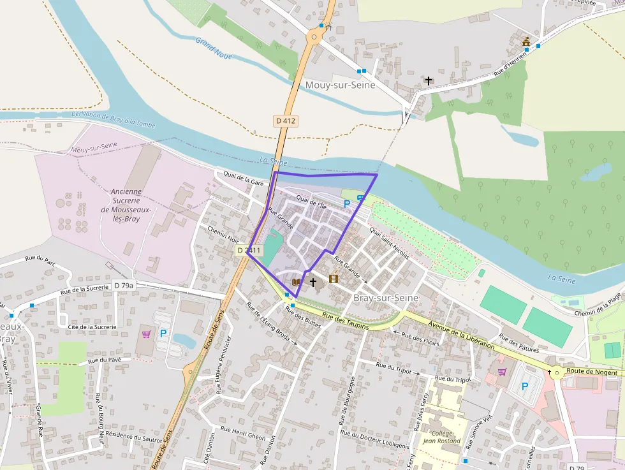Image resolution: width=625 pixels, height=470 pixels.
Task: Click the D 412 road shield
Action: (x=286, y=120)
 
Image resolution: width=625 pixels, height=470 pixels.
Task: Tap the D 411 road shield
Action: (x=249, y=251)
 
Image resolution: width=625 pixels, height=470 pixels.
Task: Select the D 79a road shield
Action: (x=123, y=285)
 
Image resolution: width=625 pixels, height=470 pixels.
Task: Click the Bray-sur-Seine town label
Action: (x=386, y=298)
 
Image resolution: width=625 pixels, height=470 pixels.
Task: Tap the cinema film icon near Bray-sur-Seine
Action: (x=333, y=279)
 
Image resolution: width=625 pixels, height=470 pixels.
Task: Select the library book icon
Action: (x=296, y=281)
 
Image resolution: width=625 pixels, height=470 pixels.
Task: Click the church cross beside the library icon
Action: (x=312, y=281)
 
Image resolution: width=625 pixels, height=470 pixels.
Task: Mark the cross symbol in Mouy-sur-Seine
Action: (x=429, y=81)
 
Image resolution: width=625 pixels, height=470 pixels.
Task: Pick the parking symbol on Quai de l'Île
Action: (x=347, y=203)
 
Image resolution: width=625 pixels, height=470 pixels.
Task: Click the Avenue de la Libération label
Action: (x=462, y=335)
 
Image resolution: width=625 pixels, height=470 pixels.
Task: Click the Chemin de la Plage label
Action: (x=598, y=304)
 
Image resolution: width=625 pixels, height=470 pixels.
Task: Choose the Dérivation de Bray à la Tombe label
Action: (x=113, y=119)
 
